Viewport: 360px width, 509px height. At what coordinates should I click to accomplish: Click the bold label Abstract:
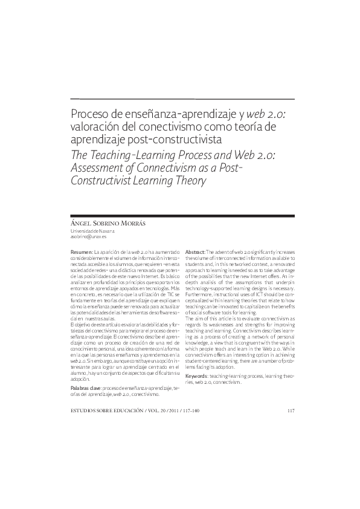pyautogui.click(x=194, y=251)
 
